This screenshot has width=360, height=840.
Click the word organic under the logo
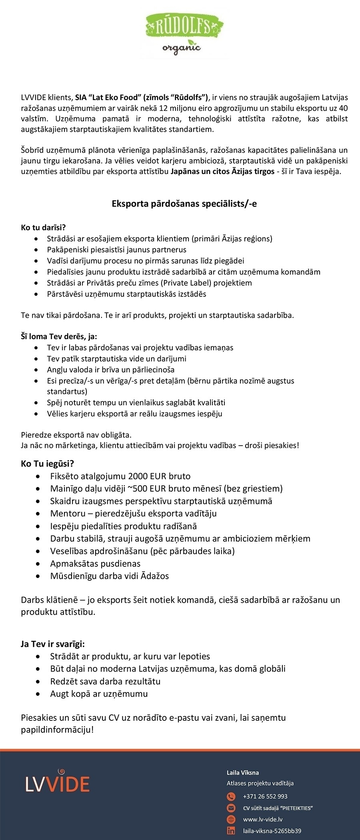[x=181, y=48]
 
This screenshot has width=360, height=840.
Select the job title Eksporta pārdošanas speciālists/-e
[x=184, y=204]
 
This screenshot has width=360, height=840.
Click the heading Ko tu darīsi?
[x=43, y=228]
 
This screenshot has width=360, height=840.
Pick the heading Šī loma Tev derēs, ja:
[x=59, y=336]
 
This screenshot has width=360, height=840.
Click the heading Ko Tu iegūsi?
[x=47, y=464]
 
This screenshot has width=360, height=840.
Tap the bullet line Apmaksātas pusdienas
[x=95, y=564]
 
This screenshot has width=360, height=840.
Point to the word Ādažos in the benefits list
[x=154, y=576]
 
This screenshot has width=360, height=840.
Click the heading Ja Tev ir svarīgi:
[x=52, y=644]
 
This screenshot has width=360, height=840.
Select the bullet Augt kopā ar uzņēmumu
[x=99, y=694]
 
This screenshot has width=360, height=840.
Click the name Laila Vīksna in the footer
[x=242, y=772]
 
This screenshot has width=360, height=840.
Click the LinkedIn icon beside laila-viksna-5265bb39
[x=231, y=831]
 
